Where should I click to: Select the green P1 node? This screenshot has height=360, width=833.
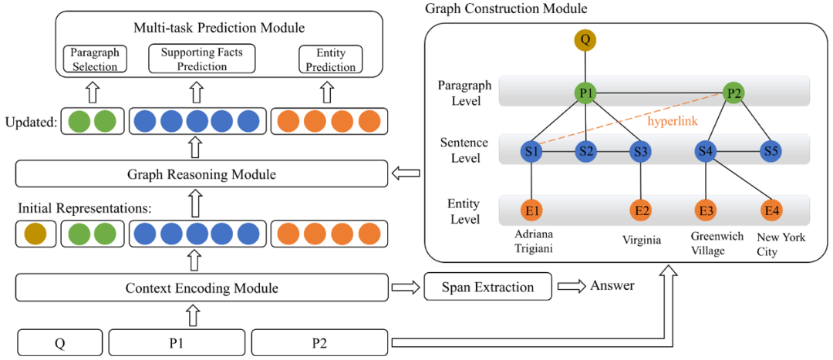(585, 93)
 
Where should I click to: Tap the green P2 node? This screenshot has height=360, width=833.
(734, 93)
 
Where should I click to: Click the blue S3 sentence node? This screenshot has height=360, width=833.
(640, 151)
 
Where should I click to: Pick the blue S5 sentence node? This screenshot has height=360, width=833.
(769, 151)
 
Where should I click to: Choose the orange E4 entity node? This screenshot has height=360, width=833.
(771, 210)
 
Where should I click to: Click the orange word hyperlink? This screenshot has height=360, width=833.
(673, 121)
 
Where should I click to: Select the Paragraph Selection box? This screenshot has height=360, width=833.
(94, 60)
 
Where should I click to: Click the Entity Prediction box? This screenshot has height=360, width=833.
(331, 60)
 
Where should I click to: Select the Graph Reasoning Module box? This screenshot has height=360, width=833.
(201, 174)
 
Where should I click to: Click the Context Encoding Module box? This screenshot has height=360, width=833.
(201, 288)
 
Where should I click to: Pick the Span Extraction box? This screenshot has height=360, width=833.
(487, 287)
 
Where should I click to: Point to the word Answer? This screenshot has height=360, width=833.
(612, 286)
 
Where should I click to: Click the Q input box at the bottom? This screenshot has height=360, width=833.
(59, 341)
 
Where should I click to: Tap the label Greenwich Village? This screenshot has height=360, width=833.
(707, 244)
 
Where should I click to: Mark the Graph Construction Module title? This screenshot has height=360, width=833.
(506, 9)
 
